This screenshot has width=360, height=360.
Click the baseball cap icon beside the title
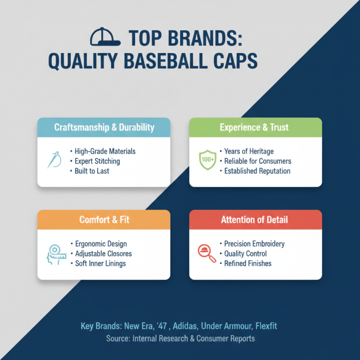pyautogui.click(x=105, y=36)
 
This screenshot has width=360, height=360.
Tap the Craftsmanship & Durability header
pyautogui.click(x=104, y=127)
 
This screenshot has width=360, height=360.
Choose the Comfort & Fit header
pyautogui.click(x=103, y=220)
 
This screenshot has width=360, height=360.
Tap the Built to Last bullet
pyautogui.click(x=93, y=171)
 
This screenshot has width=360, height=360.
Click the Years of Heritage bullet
pyautogui.click(x=249, y=151)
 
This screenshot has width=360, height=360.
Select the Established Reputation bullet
pyautogui.click(x=257, y=171)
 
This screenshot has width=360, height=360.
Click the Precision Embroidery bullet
pyautogui.click(x=255, y=243)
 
